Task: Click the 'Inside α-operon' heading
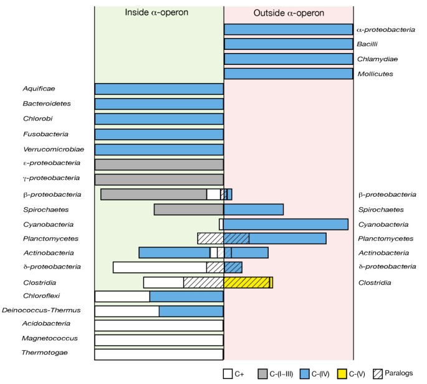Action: (x=158, y=12)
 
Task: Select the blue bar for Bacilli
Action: (x=288, y=44)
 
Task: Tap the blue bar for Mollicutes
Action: (x=288, y=74)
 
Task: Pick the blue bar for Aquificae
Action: (x=159, y=89)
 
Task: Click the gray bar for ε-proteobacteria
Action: (x=159, y=164)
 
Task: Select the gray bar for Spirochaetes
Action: (x=188, y=209)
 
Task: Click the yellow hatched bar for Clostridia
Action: (x=246, y=282)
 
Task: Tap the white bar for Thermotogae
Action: (x=159, y=355)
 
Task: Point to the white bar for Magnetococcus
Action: (x=159, y=340)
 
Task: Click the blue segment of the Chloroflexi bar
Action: (x=186, y=296)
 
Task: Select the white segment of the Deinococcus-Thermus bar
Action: (x=127, y=311)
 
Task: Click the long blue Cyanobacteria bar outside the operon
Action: (x=285, y=224)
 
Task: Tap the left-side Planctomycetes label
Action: (x=48, y=239)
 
